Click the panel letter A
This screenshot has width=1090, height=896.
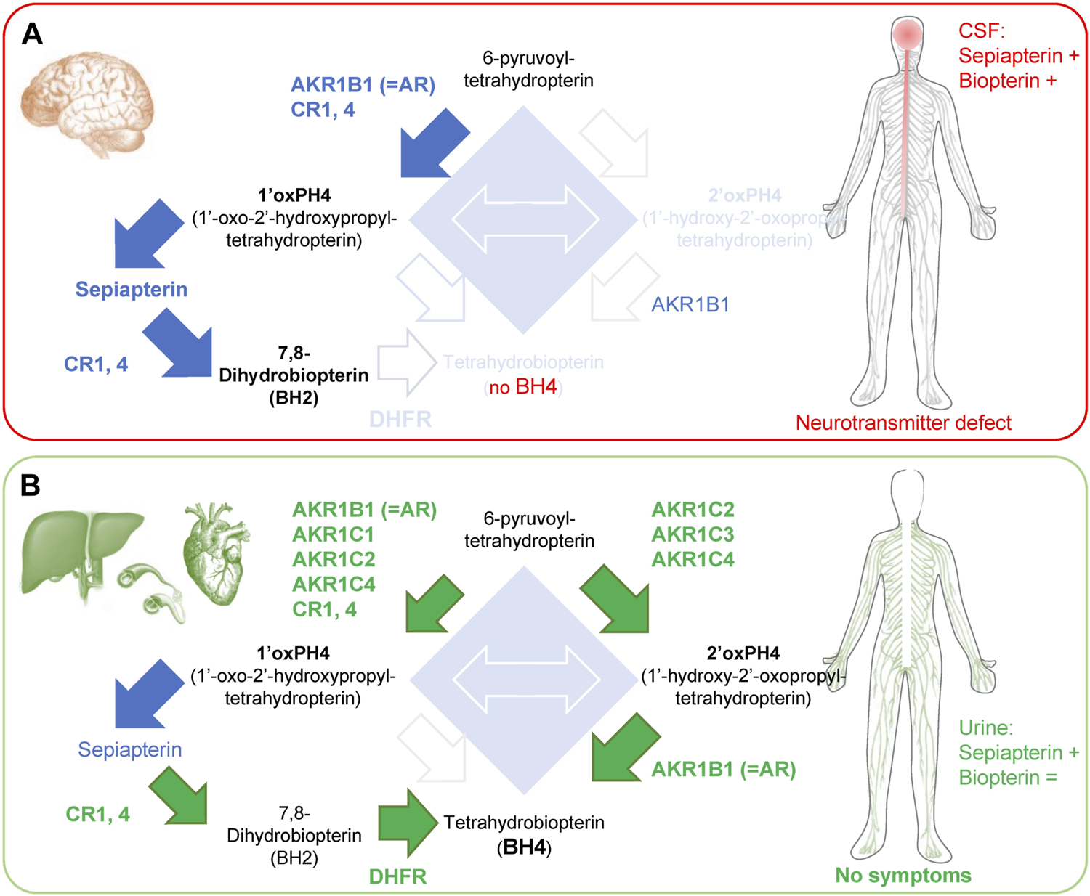pyautogui.click(x=31, y=34)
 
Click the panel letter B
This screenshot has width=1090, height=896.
pyautogui.click(x=31, y=485)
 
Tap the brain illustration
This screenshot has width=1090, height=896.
pyautogui.click(x=87, y=105)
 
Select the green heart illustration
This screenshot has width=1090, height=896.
pyautogui.click(x=215, y=554)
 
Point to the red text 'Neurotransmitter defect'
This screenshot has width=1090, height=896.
pyautogui.click(x=903, y=423)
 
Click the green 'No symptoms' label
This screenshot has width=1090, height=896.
pyautogui.click(x=903, y=875)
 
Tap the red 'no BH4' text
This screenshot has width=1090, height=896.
pyautogui.click(x=523, y=387)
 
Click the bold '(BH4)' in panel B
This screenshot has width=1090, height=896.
pyautogui.click(x=524, y=847)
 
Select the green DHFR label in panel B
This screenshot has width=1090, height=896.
pyautogui.click(x=397, y=876)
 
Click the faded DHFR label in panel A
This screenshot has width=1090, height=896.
pyautogui.click(x=400, y=419)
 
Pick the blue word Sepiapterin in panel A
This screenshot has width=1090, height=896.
pyautogui.click(x=132, y=289)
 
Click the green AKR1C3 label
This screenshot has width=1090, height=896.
pyautogui.click(x=693, y=534)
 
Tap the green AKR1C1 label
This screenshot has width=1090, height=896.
pyautogui.click(x=333, y=534)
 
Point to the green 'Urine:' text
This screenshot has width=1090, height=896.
pyautogui.click(x=985, y=728)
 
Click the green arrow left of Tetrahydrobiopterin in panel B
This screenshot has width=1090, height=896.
pyautogui.click(x=407, y=823)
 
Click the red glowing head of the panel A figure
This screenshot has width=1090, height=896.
pyautogui.click(x=907, y=33)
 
